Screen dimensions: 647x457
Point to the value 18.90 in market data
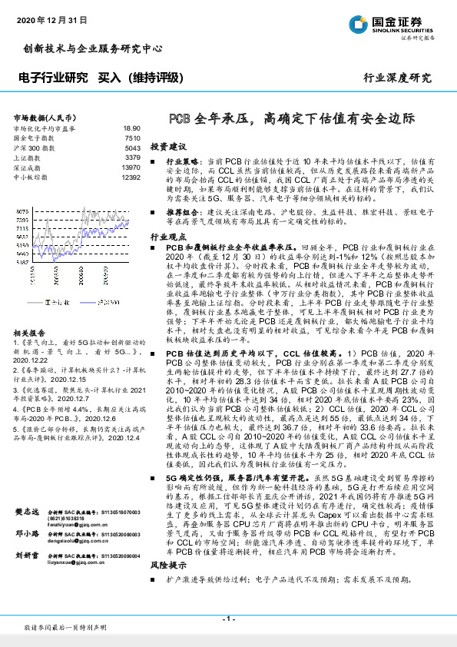pos(131,128)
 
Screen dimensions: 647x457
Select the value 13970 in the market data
pos(131,167)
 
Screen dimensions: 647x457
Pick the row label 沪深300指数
pos(33,147)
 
